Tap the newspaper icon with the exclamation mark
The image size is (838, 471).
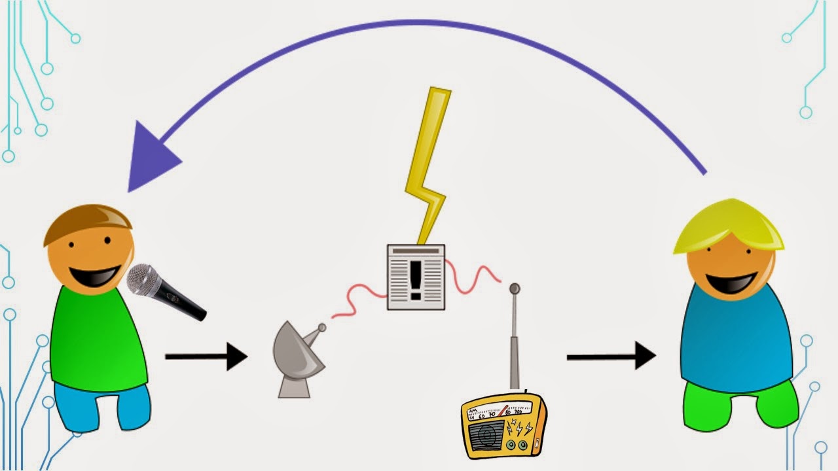[x=416, y=277]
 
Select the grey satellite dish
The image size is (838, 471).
[x=296, y=357]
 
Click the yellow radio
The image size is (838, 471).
[x=503, y=426]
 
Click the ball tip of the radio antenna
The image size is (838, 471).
[x=515, y=288]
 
